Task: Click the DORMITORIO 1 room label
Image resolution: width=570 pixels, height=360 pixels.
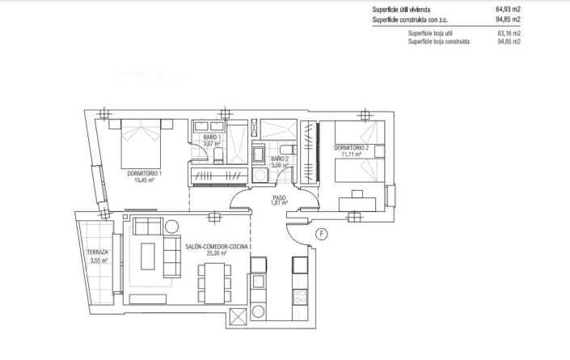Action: tap(145, 173)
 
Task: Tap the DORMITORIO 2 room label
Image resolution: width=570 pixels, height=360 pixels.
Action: tap(351, 147)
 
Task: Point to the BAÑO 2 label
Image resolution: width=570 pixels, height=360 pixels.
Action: tap(280, 160)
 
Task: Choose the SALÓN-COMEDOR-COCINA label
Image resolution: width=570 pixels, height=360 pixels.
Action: tap(217, 246)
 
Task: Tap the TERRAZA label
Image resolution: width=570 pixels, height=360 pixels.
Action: tap(97, 252)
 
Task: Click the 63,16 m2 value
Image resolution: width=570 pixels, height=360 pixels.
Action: tap(509, 32)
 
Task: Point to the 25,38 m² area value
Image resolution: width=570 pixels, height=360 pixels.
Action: tap(217, 253)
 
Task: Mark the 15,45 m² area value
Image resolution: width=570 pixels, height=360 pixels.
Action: tap(145, 180)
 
